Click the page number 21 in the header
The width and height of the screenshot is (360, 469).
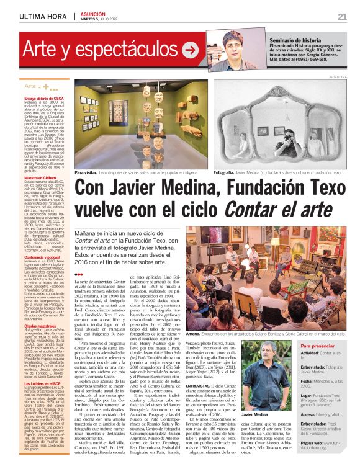pyautogui.click(x=342, y=16)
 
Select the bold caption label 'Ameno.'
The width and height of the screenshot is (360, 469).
pyautogui.click(x=195, y=333)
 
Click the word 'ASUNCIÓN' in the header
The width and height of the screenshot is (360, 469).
pyautogui.click(x=92, y=12)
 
